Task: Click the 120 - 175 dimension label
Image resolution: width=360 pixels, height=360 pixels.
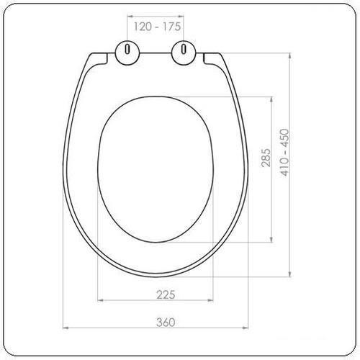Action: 157,27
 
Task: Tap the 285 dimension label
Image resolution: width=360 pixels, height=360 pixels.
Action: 266,158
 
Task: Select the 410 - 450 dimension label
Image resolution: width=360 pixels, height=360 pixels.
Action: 285,153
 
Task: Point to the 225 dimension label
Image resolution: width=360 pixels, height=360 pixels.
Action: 166,294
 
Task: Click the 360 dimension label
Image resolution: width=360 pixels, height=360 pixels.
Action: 166,322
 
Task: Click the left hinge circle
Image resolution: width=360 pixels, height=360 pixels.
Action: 127,53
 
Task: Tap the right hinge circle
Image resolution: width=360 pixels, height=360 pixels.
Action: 184,53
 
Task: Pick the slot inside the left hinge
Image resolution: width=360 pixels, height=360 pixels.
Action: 127,49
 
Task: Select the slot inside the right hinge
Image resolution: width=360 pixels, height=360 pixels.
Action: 184,49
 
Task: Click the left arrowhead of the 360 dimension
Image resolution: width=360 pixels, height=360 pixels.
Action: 66,328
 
